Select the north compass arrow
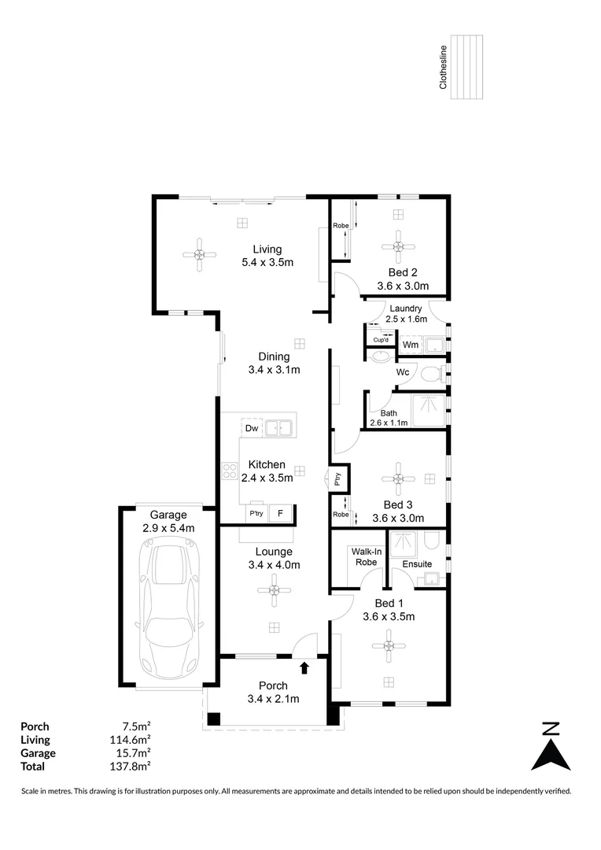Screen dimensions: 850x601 pyautogui.click(x=551, y=748)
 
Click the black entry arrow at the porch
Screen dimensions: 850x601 pyautogui.click(x=304, y=667)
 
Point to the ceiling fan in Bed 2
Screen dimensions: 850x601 pyautogui.click(x=398, y=247)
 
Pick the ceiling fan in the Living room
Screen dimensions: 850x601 pyautogui.click(x=199, y=254)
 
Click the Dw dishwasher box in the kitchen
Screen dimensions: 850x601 pyautogui.click(x=252, y=428)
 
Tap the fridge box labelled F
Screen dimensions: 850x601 pyautogui.click(x=279, y=513)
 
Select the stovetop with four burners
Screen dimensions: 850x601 pyautogui.click(x=230, y=471)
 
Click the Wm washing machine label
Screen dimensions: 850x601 pyautogui.click(x=410, y=345)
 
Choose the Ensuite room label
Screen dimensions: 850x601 pyautogui.click(x=416, y=564)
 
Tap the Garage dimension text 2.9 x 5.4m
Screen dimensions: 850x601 pyautogui.click(x=168, y=528)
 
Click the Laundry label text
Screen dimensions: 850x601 pyautogui.click(x=405, y=309)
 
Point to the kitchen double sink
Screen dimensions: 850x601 pyautogui.click(x=278, y=428)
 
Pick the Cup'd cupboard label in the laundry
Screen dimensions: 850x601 pyautogui.click(x=381, y=340)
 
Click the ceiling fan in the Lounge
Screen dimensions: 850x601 pyautogui.click(x=274, y=589)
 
